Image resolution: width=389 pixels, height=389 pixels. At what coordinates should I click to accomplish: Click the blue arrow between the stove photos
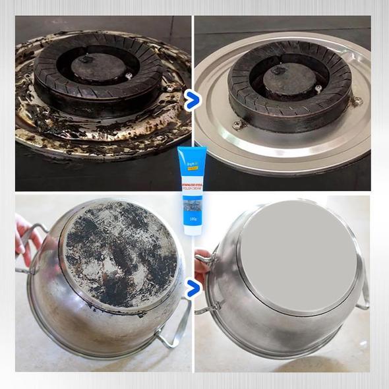click(x=192, y=101)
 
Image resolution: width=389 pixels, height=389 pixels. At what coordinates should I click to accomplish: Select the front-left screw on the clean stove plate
click(x=239, y=124)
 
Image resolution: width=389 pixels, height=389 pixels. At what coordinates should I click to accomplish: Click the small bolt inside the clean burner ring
click(x=318, y=88)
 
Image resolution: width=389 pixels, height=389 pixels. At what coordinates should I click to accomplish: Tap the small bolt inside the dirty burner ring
click(x=128, y=76)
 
